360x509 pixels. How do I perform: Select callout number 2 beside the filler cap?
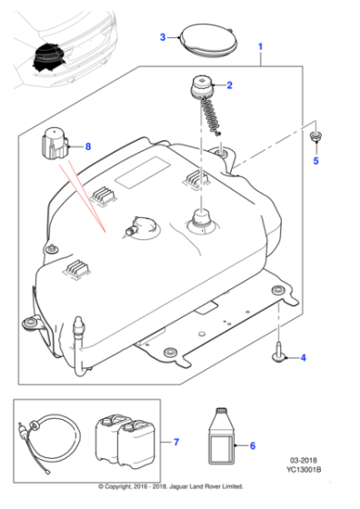[229, 86]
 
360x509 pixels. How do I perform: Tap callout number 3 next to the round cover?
[163, 37]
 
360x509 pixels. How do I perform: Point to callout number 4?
[303, 357]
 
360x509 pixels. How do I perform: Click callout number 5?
[316, 161]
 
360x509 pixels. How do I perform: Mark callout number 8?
[88, 146]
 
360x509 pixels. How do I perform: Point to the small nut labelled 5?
[315, 137]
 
